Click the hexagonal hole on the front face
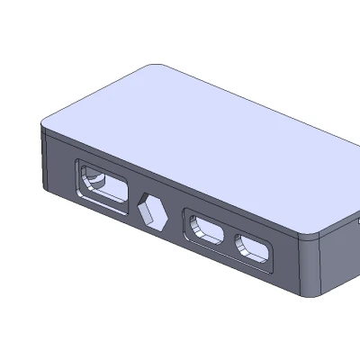(154, 212)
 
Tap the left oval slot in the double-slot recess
(206, 231)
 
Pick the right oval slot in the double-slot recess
(254, 248)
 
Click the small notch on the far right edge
(356, 219)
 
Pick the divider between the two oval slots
(230, 239)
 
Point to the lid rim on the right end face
(337, 230)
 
